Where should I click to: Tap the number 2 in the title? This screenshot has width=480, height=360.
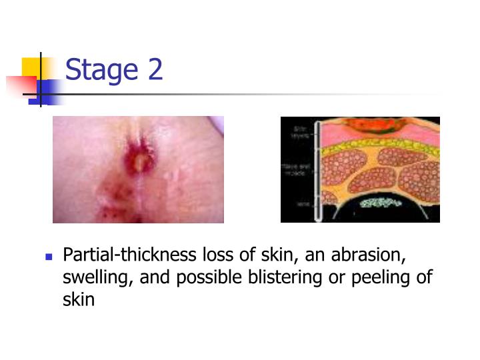(155, 69)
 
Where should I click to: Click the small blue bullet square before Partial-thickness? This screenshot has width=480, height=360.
(48, 257)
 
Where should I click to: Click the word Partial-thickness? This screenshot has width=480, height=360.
(128, 256)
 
